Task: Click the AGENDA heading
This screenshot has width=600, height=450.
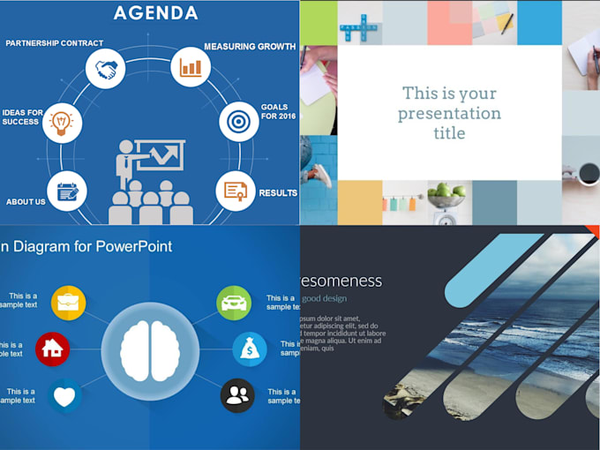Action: click(x=155, y=13)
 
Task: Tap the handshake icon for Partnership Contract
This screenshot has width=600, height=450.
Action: click(x=107, y=70)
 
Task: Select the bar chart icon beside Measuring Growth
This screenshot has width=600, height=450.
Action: click(x=191, y=66)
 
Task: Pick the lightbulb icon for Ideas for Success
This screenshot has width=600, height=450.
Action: click(x=62, y=122)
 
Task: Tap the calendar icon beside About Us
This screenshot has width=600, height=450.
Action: click(x=67, y=191)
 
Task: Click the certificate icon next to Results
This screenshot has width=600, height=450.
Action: click(x=236, y=191)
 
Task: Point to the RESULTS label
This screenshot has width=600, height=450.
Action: click(x=277, y=193)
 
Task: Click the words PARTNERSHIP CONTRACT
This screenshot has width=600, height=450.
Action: click(x=55, y=42)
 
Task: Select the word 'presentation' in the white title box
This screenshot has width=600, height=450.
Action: click(x=449, y=113)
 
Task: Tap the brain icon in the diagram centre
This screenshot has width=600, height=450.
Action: click(x=149, y=348)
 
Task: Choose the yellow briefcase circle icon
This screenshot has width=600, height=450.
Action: click(x=68, y=303)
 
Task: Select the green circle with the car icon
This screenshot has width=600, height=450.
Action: click(x=234, y=303)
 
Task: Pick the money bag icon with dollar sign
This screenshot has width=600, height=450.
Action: click(x=250, y=349)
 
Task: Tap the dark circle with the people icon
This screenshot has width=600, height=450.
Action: click(x=236, y=395)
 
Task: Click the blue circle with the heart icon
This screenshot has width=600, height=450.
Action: click(x=64, y=396)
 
